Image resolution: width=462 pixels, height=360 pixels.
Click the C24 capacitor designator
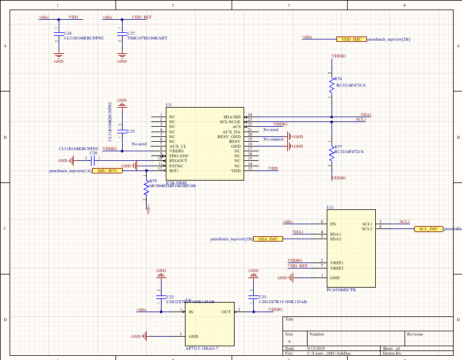[x=68, y=33]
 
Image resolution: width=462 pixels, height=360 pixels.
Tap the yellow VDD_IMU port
[x=351, y=39]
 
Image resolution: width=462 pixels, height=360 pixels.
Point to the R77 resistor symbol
[x=331, y=153]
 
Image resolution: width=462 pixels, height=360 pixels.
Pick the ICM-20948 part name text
[x=178, y=182]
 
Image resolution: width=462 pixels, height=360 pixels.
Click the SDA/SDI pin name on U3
[x=232, y=117]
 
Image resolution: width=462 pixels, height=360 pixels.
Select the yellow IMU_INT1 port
[x=107, y=171]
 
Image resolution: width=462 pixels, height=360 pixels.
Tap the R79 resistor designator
[x=153, y=181]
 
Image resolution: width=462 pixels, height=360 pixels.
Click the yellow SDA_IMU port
[x=268, y=239]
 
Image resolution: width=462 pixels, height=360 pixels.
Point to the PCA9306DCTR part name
[x=341, y=290]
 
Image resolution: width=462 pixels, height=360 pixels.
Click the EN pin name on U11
[x=333, y=224]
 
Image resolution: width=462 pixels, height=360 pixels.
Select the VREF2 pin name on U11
[x=337, y=268]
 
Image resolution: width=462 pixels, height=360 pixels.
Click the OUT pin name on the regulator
[x=226, y=312]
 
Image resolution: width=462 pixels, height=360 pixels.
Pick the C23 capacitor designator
[x=263, y=297]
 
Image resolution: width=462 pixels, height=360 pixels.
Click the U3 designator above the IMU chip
[x=169, y=105]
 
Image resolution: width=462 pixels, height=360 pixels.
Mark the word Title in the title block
[x=290, y=319]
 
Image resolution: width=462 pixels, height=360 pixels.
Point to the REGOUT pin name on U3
[x=178, y=160]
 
